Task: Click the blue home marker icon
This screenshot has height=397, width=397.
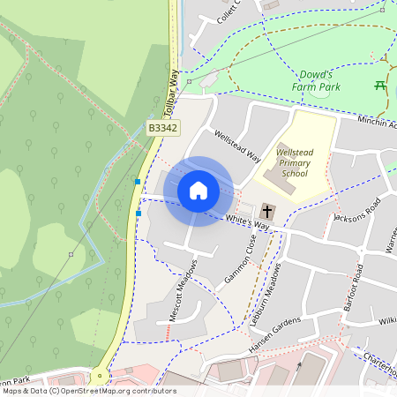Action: [x=198, y=191]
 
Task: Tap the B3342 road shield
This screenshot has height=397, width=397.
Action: [x=163, y=128]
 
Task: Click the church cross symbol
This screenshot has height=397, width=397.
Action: [x=267, y=212]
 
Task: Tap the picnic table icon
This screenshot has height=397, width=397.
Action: [x=381, y=86]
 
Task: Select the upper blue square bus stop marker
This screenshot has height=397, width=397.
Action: [x=138, y=182]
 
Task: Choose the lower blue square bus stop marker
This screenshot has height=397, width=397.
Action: [x=139, y=213]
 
